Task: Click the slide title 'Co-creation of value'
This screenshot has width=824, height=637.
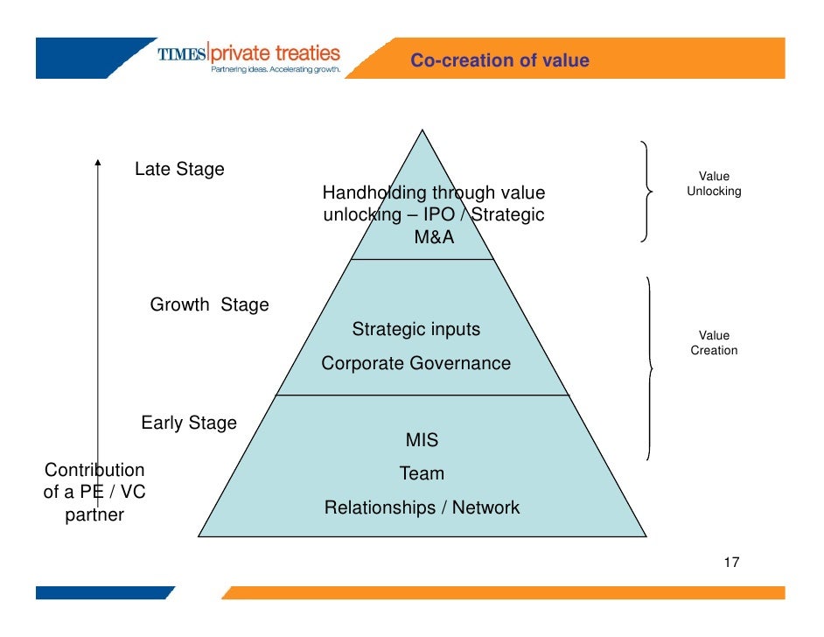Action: coord(499,60)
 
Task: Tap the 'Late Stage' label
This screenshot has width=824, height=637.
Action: coord(179,170)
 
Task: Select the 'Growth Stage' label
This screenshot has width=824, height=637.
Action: coord(209,304)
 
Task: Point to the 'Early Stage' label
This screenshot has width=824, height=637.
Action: coord(189,423)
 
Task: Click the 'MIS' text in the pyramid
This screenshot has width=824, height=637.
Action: coord(422,439)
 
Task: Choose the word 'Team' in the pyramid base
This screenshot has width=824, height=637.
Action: coord(422,473)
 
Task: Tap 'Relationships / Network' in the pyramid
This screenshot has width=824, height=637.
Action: coord(422,507)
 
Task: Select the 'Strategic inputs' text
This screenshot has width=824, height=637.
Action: coord(415,330)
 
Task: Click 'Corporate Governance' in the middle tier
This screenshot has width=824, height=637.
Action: coord(415,363)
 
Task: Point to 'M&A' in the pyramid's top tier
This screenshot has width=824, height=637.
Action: coord(435,236)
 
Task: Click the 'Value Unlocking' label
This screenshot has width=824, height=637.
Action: coord(714,184)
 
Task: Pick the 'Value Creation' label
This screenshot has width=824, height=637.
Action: coord(714,343)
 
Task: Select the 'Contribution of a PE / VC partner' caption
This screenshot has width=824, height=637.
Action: coord(94,492)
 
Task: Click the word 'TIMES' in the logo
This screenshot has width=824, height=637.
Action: coord(182,54)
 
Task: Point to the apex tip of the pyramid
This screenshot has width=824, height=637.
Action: coord(423,131)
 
